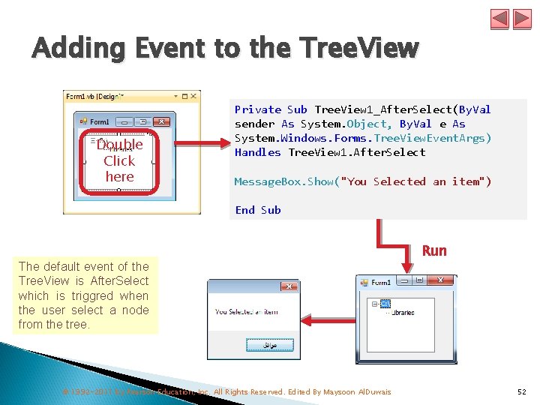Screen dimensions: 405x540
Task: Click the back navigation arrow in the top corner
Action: [500, 19]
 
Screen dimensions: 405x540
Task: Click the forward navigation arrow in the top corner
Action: [521, 19]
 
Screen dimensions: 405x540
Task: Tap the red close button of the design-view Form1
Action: [161, 121]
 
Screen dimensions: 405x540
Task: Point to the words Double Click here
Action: [119, 160]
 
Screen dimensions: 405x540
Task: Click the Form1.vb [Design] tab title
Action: [94, 96]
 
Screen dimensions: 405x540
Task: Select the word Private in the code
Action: [258, 109]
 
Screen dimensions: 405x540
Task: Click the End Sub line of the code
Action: [257, 210]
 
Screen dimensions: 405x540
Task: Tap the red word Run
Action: [434, 250]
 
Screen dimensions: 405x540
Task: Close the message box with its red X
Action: [288, 286]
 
